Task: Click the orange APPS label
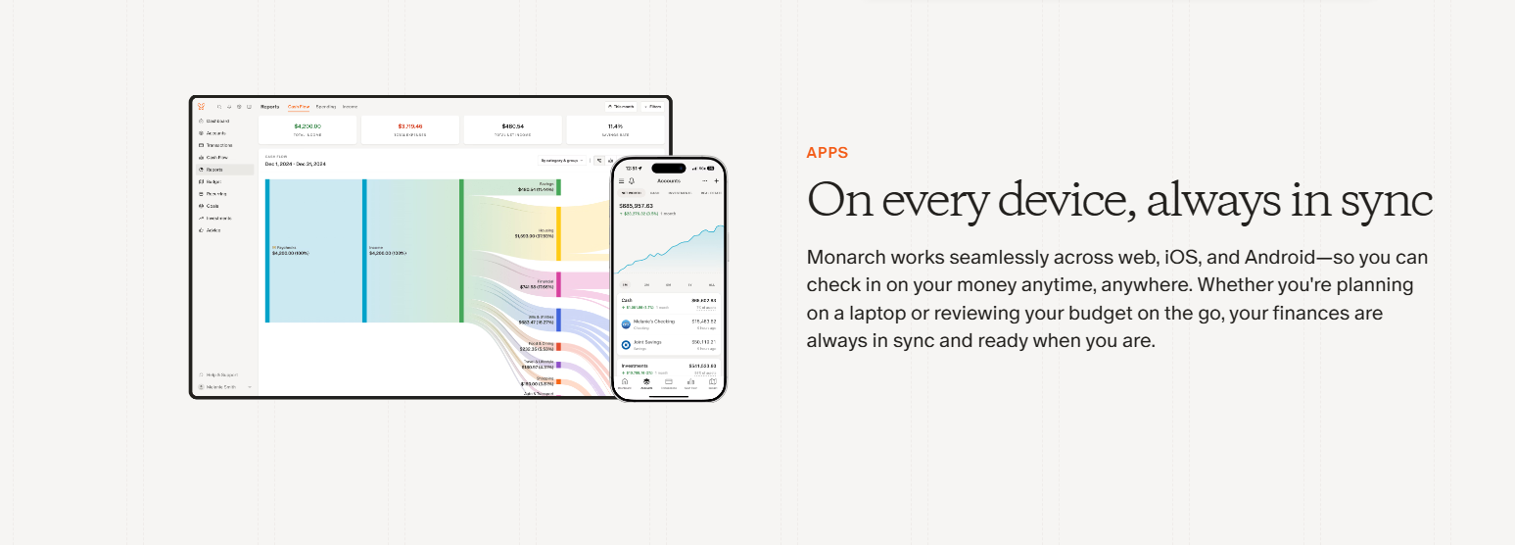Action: (827, 153)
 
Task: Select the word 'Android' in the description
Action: (1283, 258)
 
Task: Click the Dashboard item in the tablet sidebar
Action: (216, 121)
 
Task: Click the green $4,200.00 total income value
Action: (308, 125)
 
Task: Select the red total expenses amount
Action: (409, 125)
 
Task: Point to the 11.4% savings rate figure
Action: (615, 125)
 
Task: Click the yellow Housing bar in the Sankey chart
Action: (558, 233)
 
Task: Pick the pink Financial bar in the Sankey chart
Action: (558, 284)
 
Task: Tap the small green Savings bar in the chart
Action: (558, 186)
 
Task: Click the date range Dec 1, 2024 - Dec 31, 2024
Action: (296, 164)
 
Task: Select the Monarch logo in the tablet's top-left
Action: (201, 106)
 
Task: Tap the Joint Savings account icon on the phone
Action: (627, 345)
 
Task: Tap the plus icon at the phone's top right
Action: (716, 181)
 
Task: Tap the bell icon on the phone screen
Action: (632, 181)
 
